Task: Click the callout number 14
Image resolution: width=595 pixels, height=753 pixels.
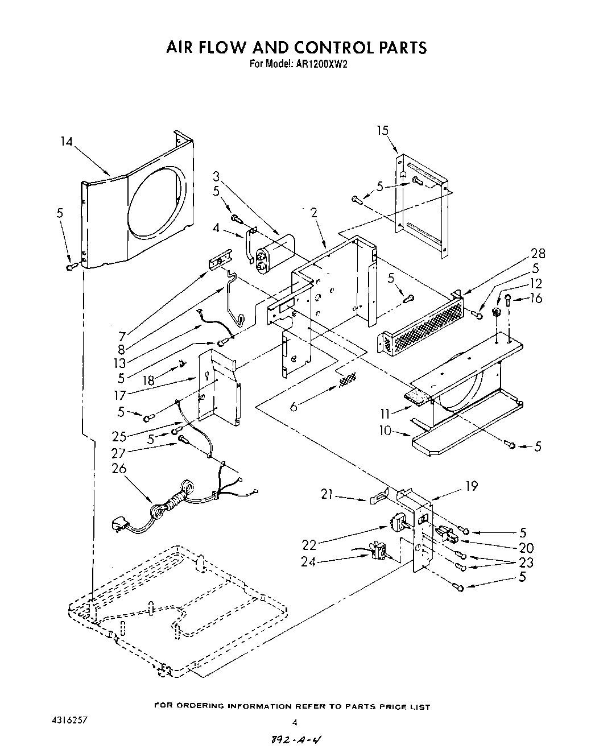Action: coord(67,141)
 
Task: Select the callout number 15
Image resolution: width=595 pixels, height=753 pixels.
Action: coord(382,130)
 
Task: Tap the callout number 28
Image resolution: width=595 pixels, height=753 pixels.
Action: coord(538,254)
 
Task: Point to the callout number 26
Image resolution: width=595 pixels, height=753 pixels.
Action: coord(119,469)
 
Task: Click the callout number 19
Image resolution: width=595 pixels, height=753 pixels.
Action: coord(471,486)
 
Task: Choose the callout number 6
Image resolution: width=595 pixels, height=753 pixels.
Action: coord(294,407)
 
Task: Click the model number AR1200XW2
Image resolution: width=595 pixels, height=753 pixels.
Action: coord(321,64)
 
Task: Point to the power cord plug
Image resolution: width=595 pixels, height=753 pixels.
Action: coord(121,524)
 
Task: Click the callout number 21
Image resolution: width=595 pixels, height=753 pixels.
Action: coord(327,495)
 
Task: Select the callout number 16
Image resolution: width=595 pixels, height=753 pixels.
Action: coord(536,298)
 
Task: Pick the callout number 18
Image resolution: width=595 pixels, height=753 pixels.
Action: coord(149,380)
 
